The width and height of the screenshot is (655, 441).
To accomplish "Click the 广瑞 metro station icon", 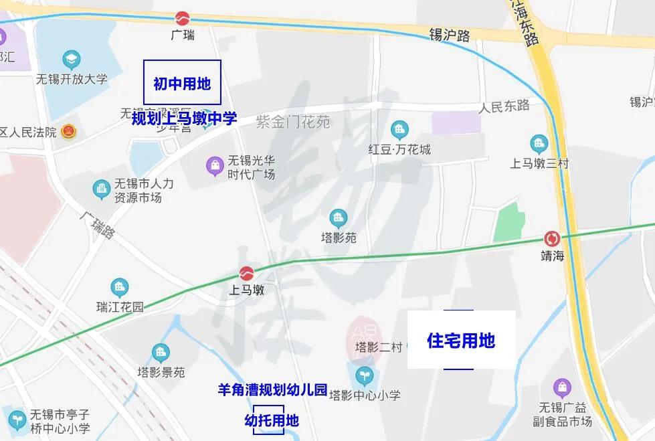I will (x=182, y=19).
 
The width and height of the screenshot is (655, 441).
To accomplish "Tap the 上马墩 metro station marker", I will (x=246, y=274).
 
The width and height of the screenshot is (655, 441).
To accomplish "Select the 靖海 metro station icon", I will (x=552, y=238).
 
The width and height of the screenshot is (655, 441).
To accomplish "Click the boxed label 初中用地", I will (x=182, y=83).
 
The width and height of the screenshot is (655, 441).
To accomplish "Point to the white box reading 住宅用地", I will (x=461, y=340).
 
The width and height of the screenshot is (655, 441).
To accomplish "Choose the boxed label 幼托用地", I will (x=270, y=420).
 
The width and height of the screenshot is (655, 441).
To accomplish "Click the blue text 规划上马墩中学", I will (x=184, y=118).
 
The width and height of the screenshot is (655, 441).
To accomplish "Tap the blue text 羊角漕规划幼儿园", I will (x=272, y=389).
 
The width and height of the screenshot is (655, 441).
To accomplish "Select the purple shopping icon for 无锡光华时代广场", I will (x=215, y=165).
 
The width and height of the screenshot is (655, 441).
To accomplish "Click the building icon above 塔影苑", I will (x=339, y=217).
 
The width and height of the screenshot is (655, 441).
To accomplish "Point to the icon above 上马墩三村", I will (x=539, y=143).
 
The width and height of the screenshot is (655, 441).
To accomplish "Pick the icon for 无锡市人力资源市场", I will (x=102, y=189).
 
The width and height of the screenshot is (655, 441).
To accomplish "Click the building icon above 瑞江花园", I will (x=120, y=288).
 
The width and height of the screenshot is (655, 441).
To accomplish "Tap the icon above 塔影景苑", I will (x=161, y=353).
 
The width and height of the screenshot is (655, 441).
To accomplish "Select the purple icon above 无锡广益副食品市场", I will (x=563, y=387).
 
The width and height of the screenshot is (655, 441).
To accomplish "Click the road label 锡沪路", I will (x=450, y=35).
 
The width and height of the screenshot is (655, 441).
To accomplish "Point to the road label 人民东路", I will (x=504, y=106).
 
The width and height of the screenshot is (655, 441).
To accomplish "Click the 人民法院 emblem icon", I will (x=68, y=131).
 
